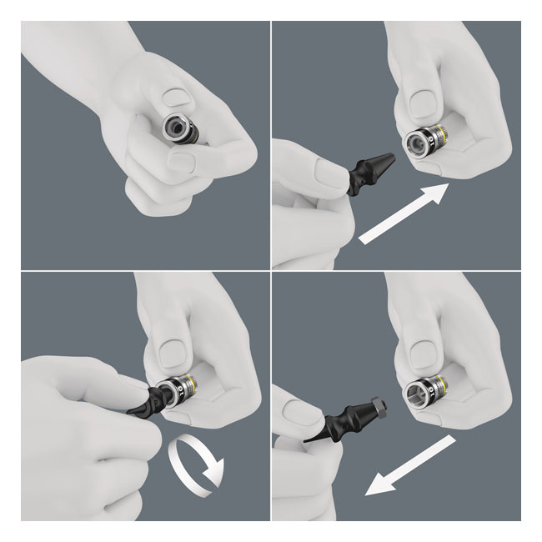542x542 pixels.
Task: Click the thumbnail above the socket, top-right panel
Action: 428,102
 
